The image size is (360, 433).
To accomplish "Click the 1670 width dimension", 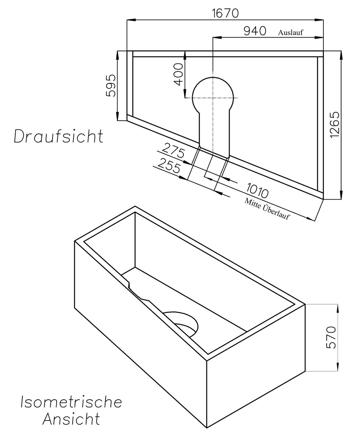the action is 225,13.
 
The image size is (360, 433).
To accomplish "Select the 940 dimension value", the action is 255,31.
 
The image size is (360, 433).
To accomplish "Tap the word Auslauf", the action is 290,32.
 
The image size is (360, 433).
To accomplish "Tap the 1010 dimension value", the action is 257,190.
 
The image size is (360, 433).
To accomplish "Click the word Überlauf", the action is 275,212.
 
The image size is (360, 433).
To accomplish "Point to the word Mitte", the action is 252,204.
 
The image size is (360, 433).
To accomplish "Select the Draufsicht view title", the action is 59,136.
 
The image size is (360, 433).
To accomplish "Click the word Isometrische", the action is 71,402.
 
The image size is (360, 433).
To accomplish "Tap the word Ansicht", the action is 71,419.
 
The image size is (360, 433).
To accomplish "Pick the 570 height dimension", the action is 331,338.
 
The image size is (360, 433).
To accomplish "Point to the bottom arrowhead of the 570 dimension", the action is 338,366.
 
